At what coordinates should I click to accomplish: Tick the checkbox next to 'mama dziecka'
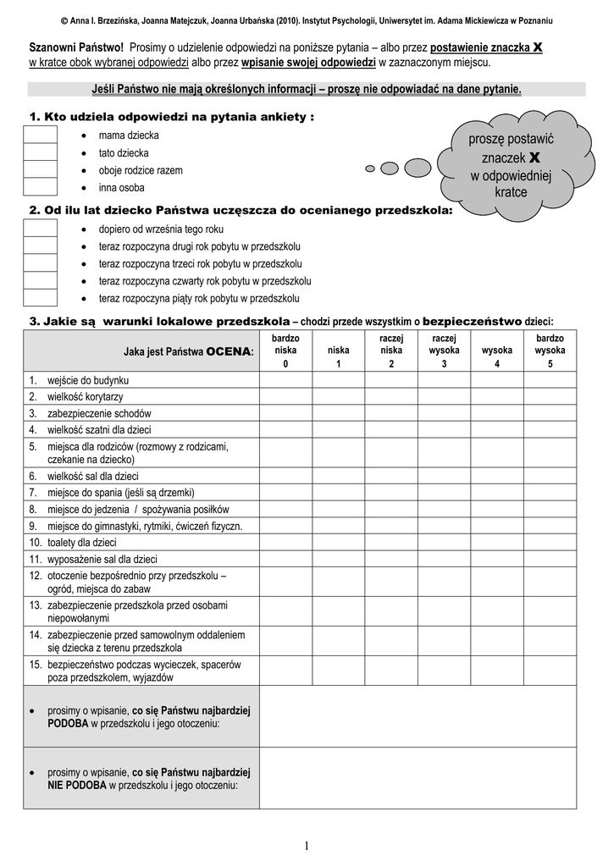coord(40,135)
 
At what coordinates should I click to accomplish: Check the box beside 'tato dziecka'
coord(40,153)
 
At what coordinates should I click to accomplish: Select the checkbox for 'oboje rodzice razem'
coord(40,170)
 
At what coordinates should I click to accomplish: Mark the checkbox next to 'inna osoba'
coord(40,187)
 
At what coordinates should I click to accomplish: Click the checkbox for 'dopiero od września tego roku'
coord(40,229)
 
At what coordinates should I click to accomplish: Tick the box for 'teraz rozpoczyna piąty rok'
coord(40,298)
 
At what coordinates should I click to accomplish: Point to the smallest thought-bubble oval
coord(369,168)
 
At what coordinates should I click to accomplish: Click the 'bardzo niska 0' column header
coord(285,351)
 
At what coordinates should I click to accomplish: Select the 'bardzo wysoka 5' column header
coord(550,351)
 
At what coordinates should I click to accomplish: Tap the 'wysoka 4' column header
coord(497,351)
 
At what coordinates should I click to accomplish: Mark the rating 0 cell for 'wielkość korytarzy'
coord(285,396)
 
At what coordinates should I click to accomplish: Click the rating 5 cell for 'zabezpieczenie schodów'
coord(550,413)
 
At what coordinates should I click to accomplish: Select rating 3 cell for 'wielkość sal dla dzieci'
coord(444,476)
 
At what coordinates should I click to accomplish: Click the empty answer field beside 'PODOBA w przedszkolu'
coord(418,716)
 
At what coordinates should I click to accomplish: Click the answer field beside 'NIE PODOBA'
coord(418,778)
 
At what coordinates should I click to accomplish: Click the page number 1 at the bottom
coord(307,846)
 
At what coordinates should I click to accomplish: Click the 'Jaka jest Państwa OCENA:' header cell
coord(141,351)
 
